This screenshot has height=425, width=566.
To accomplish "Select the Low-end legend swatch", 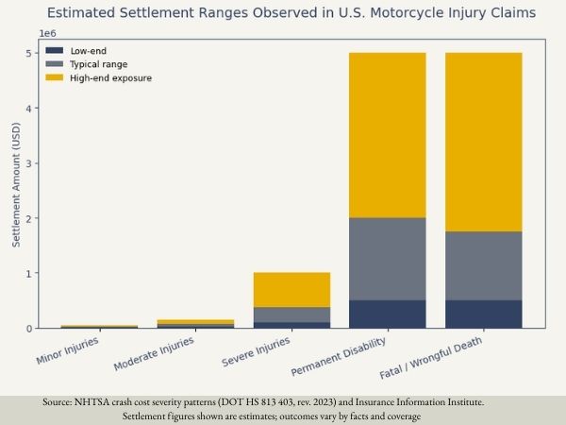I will click(56, 50).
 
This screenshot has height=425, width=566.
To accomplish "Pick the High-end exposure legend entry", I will click(110, 77).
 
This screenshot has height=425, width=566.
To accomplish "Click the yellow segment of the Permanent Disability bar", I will click(387, 135).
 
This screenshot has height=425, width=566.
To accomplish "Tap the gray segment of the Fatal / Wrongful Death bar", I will click(483, 265).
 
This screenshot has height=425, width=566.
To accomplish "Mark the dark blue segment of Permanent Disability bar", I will click(387, 314).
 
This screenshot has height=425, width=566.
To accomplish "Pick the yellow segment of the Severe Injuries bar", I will click(291, 289).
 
